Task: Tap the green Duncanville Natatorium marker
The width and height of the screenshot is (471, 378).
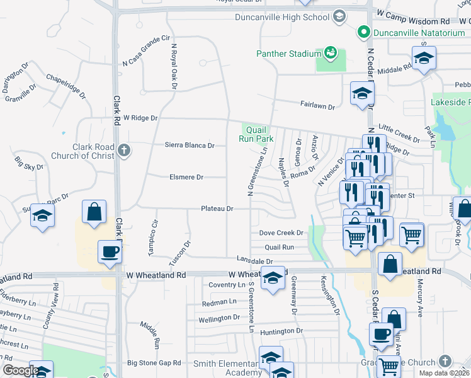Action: coord(363,31)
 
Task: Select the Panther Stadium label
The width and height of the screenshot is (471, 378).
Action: coord(289,54)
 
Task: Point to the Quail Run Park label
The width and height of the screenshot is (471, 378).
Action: coord(256,134)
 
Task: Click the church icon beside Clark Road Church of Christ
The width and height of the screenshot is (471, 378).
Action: coord(124,151)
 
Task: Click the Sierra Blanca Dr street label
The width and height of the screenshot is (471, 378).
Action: coord(189,145)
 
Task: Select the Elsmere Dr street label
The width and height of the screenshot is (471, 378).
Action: coord(186,178)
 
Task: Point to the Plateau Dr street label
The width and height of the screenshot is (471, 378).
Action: coord(217,209)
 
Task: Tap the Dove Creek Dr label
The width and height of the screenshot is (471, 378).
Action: coord(281,232)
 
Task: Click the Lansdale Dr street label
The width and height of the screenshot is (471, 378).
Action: coord(254,260)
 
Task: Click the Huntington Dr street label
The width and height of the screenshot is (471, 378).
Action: coord(281,331)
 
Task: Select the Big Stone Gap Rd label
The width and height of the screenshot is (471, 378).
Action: coord(154,363)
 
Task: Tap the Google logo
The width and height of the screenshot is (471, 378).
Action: coord(20,371)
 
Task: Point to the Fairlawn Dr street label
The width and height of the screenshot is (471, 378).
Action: coord(317,106)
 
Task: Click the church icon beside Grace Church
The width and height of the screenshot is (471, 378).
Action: coord(445,361)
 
